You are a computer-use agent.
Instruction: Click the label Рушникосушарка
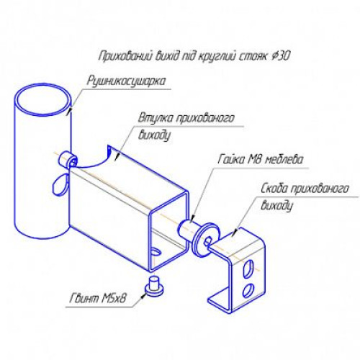click(x=126, y=82)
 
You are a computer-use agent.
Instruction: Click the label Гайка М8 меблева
click(x=261, y=160)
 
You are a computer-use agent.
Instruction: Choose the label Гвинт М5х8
click(x=98, y=299)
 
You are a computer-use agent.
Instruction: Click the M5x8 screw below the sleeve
click(x=154, y=285)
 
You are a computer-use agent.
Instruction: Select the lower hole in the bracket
click(x=248, y=289)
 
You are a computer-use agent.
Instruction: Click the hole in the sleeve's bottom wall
click(x=156, y=252)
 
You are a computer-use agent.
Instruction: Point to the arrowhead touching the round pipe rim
click(x=70, y=110)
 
